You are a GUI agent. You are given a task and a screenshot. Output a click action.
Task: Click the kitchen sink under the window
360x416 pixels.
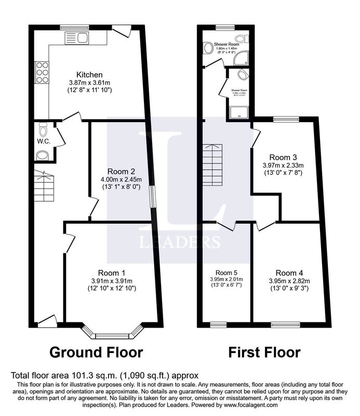[x=76, y=37]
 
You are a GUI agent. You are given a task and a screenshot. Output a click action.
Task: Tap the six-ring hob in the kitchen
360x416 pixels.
[x=42, y=72]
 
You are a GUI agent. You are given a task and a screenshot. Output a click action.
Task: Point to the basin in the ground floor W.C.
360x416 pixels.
[x=43, y=154]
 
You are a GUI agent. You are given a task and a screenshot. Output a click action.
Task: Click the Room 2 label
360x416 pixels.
[x=121, y=172]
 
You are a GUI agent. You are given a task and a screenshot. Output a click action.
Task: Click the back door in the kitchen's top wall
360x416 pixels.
[x=122, y=31]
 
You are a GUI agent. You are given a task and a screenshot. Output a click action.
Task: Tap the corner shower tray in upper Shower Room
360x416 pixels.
[x=241, y=59]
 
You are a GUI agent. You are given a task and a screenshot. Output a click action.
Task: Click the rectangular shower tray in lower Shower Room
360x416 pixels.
[x=239, y=111]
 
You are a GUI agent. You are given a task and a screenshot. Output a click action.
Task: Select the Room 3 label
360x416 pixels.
[x=283, y=157]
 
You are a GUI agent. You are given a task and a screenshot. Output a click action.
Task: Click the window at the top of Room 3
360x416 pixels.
[x=286, y=119]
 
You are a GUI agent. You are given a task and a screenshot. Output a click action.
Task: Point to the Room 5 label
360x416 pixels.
[x=226, y=272]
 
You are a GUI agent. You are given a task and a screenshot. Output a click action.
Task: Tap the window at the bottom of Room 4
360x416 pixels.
[x=285, y=325]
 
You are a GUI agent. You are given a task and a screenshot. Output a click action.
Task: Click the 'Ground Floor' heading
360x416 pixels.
[x=96, y=353]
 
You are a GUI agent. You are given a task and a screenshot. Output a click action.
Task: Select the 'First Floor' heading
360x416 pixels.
[x=264, y=353]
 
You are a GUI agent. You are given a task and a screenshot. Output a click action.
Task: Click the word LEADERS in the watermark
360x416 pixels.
[x=179, y=242]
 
